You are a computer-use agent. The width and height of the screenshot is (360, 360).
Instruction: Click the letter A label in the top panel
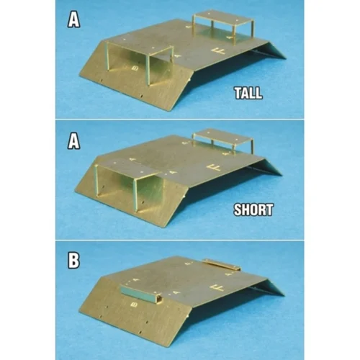[x=73, y=19]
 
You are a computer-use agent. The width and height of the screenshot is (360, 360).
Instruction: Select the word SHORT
[x=253, y=212]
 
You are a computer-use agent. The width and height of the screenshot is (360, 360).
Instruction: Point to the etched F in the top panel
[x=218, y=51]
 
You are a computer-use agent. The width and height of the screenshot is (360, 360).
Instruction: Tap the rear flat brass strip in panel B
[x=220, y=264]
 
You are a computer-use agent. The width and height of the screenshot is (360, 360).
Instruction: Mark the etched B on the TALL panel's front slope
[x=135, y=68]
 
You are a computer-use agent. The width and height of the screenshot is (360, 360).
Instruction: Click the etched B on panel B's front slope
[x=133, y=304]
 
